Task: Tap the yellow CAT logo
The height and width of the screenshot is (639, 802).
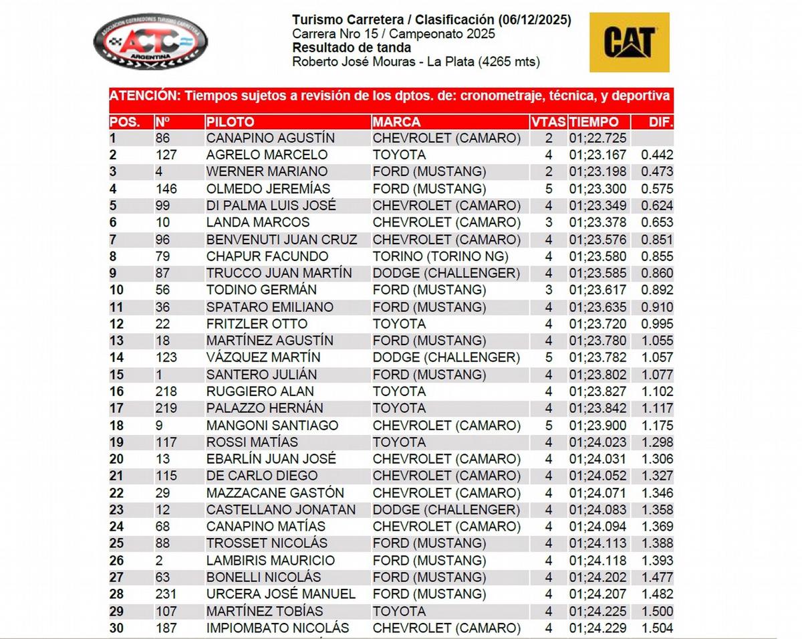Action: point(629,42)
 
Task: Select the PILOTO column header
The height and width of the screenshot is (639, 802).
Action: point(231,122)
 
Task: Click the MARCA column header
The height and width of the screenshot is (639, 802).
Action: point(397,122)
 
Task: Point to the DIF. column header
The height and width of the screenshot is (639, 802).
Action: point(661,122)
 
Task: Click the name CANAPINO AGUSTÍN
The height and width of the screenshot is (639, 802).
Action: point(271,139)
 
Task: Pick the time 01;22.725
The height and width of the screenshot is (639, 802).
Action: point(598,139)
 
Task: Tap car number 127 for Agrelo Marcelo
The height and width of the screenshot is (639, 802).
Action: point(165,155)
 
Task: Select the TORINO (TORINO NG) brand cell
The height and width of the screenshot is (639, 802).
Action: point(440,256)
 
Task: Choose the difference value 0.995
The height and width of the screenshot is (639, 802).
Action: point(657,324)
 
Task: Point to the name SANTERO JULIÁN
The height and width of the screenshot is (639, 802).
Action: point(261,375)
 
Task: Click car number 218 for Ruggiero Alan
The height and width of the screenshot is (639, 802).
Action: point(166,391)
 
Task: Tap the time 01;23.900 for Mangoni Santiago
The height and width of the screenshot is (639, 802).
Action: point(598,426)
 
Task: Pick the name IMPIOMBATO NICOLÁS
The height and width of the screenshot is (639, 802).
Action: point(277,628)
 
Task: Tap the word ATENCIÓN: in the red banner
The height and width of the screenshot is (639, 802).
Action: point(142,96)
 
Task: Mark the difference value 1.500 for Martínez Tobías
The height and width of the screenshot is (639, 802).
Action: point(657,611)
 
